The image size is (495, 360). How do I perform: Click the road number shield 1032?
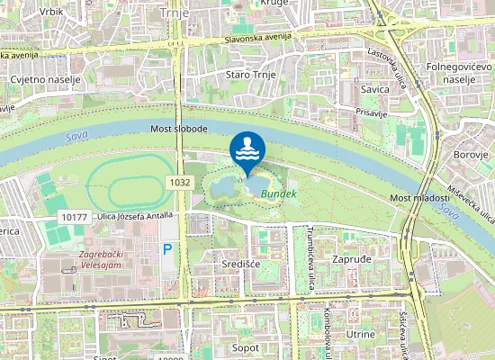(x=179, y=183)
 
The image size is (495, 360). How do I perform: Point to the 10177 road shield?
(x=76, y=218)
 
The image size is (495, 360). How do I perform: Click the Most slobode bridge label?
(x=179, y=130)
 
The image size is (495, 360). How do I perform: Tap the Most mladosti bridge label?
(x=418, y=198)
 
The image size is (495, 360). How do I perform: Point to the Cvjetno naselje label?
(x=45, y=79)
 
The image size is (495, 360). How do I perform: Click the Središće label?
(x=240, y=265)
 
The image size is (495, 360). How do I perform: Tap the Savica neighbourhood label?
(x=375, y=89)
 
